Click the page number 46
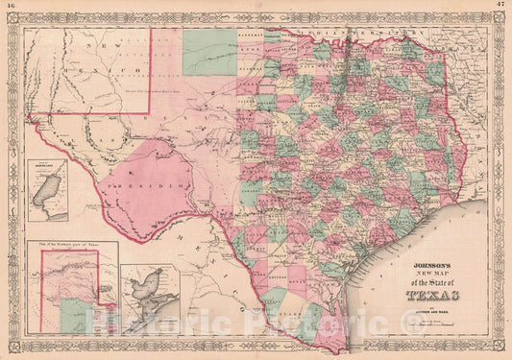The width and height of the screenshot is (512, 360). pyautogui.click(x=11, y=7)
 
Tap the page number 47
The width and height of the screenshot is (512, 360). pyautogui.click(x=500, y=7)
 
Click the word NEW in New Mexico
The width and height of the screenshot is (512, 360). pyautogui.click(x=93, y=46)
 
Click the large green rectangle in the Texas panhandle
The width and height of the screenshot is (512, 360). pyautogui.click(x=210, y=52)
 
